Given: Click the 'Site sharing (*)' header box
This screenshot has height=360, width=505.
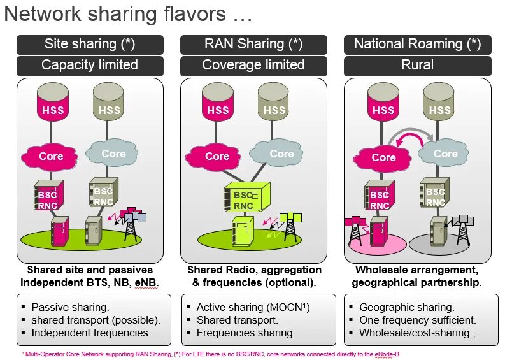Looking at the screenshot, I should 89,44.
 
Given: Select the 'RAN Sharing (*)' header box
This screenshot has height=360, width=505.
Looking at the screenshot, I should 253,44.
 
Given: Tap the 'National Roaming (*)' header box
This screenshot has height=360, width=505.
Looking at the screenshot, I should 417,44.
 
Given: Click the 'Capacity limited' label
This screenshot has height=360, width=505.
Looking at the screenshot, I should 89,65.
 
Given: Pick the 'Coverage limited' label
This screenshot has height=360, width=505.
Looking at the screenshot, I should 253,65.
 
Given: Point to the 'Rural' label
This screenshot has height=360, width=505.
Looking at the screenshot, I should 417,65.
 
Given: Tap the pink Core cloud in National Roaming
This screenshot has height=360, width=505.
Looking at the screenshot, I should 383,157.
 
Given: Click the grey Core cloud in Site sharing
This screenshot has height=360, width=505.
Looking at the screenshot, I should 113,154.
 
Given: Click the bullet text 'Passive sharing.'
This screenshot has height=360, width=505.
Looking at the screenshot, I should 71,307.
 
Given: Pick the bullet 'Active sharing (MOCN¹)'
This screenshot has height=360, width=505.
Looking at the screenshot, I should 253,307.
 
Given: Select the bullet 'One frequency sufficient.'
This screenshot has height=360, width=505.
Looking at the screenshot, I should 418,320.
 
